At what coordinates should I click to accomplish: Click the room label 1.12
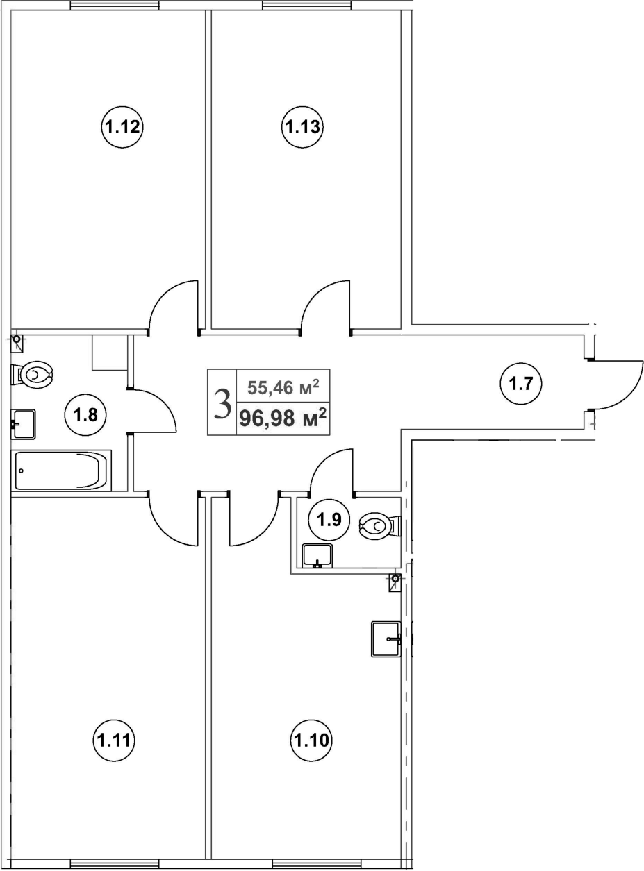[x=123, y=127]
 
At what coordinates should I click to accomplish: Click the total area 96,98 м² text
[x=283, y=418]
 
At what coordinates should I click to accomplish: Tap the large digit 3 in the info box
[x=222, y=403]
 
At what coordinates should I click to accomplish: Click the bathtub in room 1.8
[x=61, y=470]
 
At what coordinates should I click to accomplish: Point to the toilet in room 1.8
[x=33, y=375]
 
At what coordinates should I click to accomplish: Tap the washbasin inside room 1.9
[x=317, y=555]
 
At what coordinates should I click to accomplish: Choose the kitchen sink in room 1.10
[x=386, y=639]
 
